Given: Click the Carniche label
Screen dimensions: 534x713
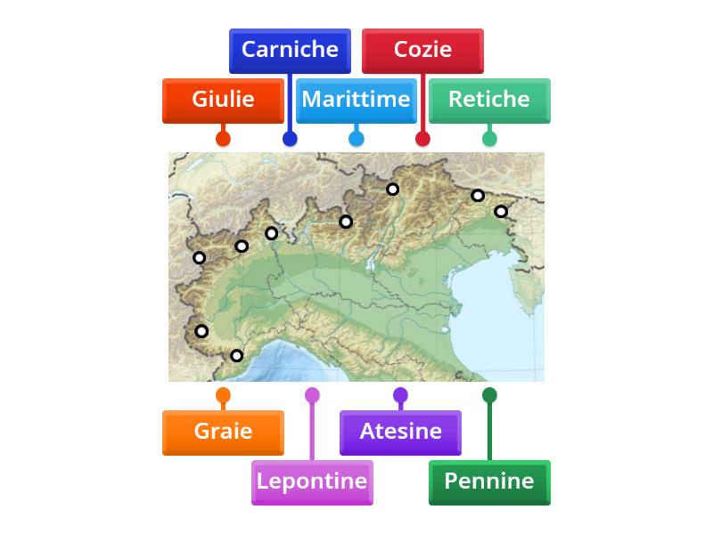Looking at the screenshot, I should (290, 50).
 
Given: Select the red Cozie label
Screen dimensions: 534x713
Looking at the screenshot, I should (422, 50).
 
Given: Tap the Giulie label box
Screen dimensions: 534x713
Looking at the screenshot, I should (223, 100).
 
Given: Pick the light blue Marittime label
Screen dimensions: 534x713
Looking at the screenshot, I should (356, 100).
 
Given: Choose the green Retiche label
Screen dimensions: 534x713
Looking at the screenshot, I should (489, 100).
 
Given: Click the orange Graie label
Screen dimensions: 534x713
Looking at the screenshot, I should (223, 432).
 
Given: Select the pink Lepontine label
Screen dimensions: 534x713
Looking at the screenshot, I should (312, 481).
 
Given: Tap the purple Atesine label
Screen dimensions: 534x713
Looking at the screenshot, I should (400, 432).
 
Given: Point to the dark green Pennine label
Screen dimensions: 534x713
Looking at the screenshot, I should (489, 481).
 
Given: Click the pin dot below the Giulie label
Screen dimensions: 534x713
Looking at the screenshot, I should (223, 138).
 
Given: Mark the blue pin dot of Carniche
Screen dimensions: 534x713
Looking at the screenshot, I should (290, 138).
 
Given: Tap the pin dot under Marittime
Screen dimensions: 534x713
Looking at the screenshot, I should (356, 138).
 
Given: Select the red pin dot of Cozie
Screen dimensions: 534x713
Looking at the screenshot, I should (422, 138).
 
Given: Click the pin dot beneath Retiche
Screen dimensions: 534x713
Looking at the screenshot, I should (489, 138).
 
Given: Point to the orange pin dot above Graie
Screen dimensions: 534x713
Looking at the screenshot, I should (223, 395).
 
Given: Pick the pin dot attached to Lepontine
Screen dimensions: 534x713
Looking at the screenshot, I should (312, 395).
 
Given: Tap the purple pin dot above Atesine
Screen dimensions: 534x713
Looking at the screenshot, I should (400, 395).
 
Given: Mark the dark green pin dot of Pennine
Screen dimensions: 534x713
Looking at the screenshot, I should (489, 395).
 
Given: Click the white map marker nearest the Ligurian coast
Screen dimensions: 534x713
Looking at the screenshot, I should (236, 356).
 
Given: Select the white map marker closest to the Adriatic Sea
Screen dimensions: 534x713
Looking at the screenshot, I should (501, 212).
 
